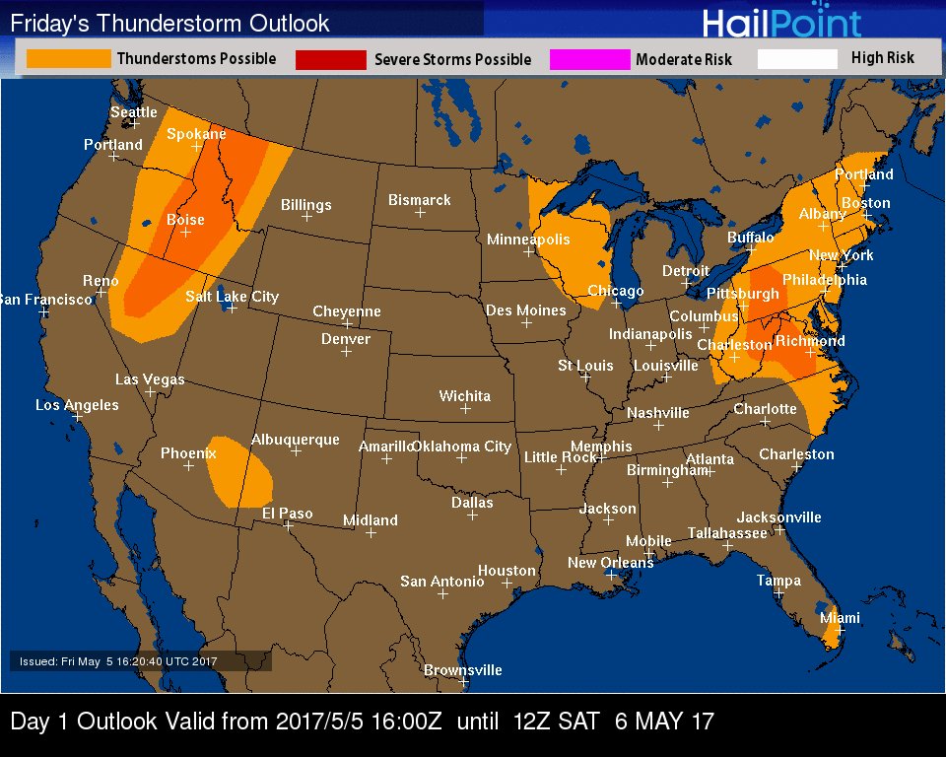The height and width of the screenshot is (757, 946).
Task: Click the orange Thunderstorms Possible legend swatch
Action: [x=68, y=59]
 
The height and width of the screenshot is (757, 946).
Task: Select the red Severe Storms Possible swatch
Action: [x=330, y=60]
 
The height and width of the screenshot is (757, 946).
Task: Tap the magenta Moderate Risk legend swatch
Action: [x=589, y=60]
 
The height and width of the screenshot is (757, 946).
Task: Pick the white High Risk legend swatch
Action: [x=797, y=59]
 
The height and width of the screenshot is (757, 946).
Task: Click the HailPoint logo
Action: [x=781, y=23]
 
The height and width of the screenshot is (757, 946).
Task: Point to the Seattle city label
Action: [x=133, y=112]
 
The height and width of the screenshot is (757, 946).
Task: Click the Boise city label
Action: [x=185, y=220]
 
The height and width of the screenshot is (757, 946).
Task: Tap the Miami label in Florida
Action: [x=840, y=618]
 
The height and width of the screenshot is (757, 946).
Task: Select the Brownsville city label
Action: [x=462, y=670]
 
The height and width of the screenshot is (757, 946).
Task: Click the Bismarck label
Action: [x=419, y=200]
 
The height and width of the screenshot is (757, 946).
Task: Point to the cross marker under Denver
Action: [x=346, y=352]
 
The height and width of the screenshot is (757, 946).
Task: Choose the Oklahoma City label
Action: [x=461, y=447]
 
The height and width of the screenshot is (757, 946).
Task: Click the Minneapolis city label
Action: [x=528, y=240]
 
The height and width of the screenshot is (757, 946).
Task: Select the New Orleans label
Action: [x=610, y=563]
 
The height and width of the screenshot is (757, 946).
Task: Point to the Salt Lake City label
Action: [x=232, y=296]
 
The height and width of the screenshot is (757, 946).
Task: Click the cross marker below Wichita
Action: [x=465, y=408]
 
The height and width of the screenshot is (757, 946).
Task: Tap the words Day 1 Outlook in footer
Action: [x=84, y=722]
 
